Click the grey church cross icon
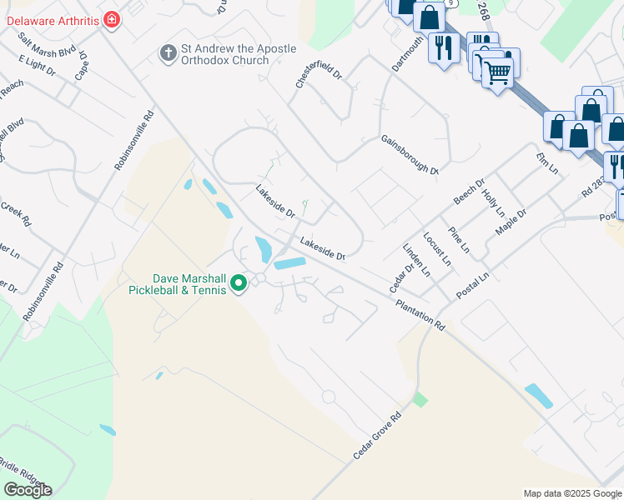coord(167,54)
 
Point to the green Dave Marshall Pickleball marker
coord(239,285)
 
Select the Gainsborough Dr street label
coord(410,155)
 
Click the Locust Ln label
coord(438,249)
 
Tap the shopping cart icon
coord(497,73)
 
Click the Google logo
coord(28,489)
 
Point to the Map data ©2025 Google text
coord(572,493)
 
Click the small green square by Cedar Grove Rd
coord(420,400)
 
